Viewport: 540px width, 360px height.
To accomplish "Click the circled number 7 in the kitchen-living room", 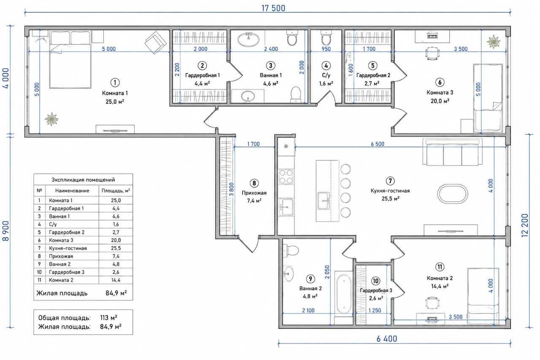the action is tap(390, 181).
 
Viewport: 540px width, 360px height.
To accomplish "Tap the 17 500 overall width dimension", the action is tap(273, 8).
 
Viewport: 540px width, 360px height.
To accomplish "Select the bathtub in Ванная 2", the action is tap(344, 294).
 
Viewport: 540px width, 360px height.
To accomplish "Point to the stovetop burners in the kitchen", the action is tap(286, 177).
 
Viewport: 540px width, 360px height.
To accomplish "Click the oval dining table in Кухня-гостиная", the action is tap(453, 194).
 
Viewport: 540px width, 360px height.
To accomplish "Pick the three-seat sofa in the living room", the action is tap(453, 152).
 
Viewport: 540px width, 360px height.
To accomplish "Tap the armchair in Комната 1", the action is tap(156, 43).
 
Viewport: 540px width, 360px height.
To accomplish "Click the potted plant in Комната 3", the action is tap(494, 41).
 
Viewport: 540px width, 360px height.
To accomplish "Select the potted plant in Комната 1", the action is tap(51, 119).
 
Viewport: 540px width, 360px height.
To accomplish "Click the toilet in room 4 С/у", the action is tap(326, 38).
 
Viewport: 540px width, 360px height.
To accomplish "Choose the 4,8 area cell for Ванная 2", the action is tap(116, 264).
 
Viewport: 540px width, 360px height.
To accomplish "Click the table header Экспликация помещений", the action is tap(83, 180).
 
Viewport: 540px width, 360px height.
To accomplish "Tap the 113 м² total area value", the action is tap(109, 317).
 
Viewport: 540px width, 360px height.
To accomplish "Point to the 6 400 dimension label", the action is tap(387, 339).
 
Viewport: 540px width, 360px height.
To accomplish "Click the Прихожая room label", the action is tap(254, 193).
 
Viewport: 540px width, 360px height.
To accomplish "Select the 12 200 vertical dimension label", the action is tap(524, 225).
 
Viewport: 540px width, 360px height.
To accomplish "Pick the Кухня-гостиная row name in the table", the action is tap(68, 248).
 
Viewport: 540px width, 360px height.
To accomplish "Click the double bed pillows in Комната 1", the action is tap(70, 38).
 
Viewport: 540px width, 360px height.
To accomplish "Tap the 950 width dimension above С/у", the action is tap(326, 49).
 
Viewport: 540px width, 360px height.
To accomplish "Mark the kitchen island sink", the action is tap(323, 201).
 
